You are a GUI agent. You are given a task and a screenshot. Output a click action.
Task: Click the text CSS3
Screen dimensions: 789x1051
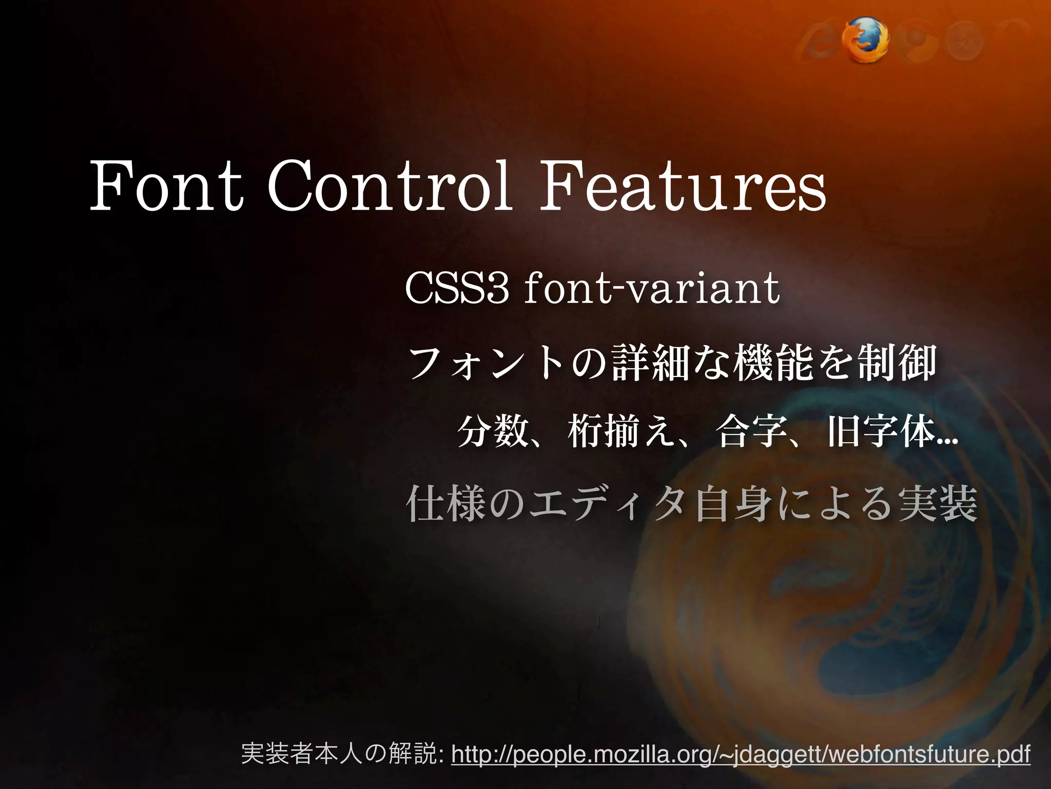[x=457, y=289]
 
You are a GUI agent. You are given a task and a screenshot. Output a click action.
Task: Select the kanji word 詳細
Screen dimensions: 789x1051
[x=644, y=363]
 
